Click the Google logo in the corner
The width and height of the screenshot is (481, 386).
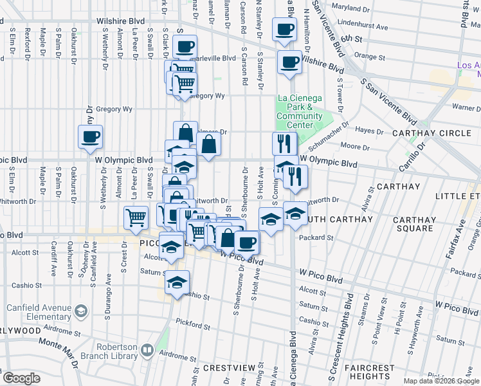21,378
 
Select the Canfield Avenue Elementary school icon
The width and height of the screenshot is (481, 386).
82,312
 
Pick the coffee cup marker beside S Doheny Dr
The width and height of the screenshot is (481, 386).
90,136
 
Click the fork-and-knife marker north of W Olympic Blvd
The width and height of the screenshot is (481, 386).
284,142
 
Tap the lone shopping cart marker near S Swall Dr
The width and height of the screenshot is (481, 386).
135,217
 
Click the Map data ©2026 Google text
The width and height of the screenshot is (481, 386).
441,381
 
